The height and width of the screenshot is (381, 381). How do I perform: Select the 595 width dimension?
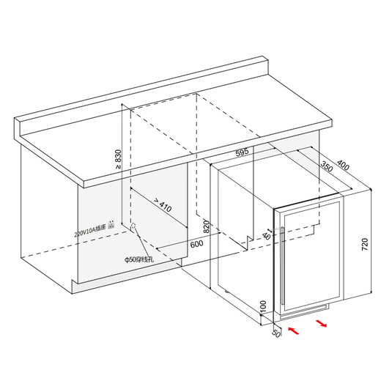(x=243, y=152)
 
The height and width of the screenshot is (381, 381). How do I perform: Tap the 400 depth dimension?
(x=343, y=168)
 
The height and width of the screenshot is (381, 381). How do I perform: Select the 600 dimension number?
(x=196, y=244)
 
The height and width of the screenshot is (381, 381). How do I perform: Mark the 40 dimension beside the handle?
(x=266, y=237)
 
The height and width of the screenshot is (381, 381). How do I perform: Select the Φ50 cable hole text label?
(x=138, y=260)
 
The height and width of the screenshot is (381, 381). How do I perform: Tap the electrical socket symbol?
(x=111, y=224)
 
